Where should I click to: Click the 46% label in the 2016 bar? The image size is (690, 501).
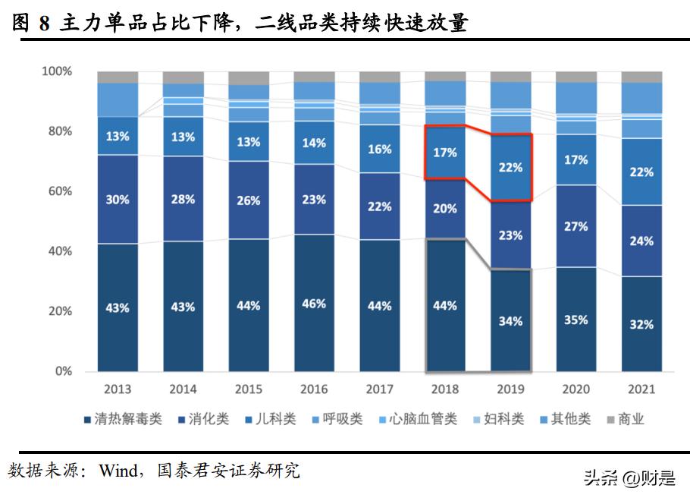314,304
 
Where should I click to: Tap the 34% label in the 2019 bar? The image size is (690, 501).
510,321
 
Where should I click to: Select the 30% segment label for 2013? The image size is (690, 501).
118,200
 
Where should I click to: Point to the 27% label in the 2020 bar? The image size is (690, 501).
576,226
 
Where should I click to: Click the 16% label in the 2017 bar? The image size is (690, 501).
379,150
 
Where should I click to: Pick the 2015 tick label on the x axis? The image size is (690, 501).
249,389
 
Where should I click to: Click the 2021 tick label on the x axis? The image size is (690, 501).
641,389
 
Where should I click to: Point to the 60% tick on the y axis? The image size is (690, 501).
57,191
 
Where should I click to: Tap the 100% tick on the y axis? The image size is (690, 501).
55,71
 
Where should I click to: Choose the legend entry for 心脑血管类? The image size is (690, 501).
422,419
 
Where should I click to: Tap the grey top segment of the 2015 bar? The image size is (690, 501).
249,78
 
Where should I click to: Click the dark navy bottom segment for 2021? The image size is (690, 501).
641,323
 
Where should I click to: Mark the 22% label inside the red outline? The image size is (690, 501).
510,167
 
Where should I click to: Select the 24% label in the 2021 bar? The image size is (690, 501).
641,241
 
